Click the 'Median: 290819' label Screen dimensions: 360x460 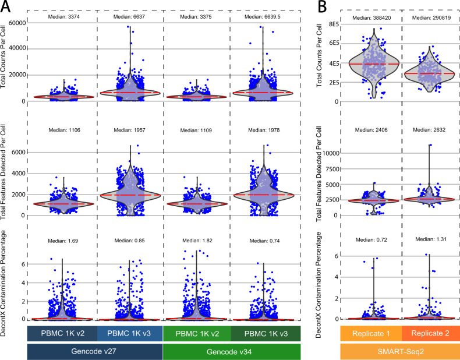[x=430, y=17]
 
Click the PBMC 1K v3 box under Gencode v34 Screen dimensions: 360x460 [x=264, y=334]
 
